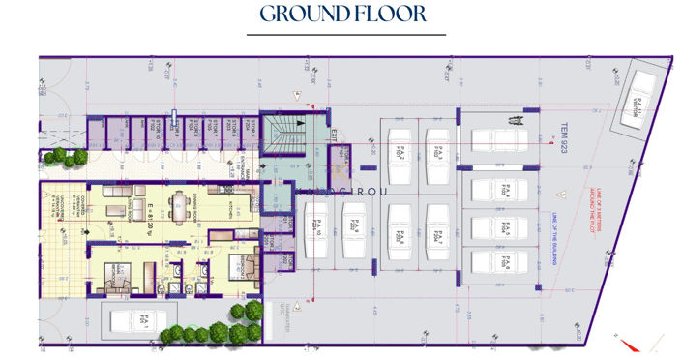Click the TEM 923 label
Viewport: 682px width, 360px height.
tap(565, 140)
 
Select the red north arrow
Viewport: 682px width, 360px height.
tap(630, 343)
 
